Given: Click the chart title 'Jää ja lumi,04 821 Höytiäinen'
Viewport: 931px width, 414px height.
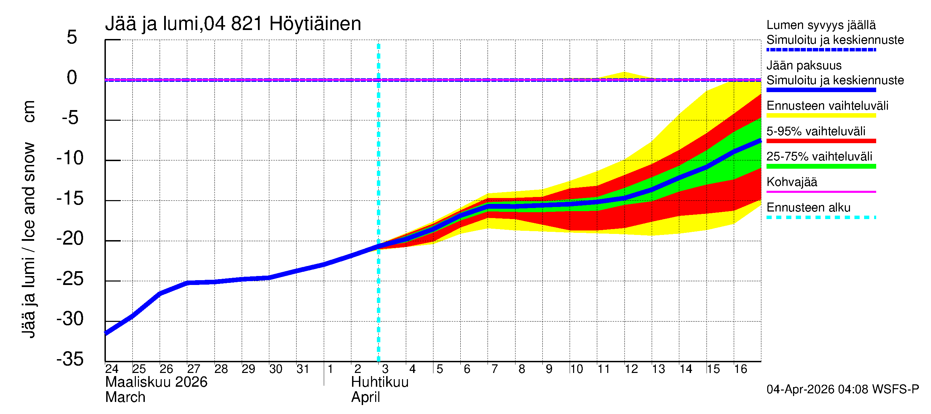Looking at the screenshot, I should point(233,24).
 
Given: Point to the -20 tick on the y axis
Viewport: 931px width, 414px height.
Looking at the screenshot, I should point(70,239).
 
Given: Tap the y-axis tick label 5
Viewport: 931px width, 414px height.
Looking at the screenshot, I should point(72,37).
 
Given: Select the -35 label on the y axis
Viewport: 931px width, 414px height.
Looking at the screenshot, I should point(70,359).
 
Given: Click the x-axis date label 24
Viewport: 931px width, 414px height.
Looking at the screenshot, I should point(112,369).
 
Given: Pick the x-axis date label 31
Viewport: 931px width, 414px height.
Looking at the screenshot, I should point(303,369).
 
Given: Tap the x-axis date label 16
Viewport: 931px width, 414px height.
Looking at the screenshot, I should point(741,369).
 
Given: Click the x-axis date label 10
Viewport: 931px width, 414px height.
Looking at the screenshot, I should point(577,369).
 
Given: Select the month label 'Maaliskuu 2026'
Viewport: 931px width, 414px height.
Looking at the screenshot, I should point(156,382).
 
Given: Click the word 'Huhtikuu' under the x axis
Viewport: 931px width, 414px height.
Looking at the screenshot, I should point(380,382).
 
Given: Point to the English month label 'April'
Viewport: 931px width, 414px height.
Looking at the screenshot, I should point(366,397).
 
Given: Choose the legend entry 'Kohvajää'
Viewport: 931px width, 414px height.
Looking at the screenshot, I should point(791,182).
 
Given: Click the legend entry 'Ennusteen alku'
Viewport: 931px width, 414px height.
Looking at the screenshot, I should point(808,208).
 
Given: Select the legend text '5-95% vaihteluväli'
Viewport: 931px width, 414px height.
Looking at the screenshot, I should point(816,131).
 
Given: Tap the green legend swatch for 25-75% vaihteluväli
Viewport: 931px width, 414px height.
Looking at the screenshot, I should point(821,166).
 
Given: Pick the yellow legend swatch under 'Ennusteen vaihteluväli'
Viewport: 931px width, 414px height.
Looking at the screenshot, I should point(821,115).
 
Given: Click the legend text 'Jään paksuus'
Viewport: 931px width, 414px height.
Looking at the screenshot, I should point(804,66).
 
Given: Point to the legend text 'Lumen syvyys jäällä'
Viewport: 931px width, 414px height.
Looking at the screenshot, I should point(821,25).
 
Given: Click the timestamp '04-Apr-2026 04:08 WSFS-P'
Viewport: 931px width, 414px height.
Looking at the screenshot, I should point(842,390).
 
